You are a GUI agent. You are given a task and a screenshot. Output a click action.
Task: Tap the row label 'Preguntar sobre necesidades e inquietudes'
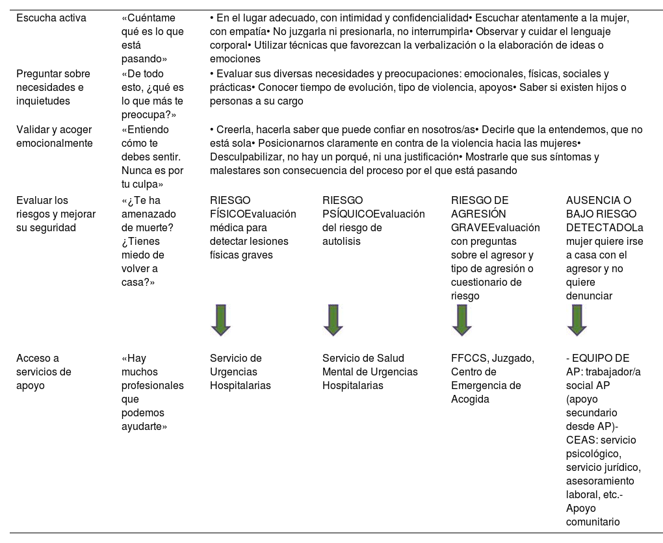(53, 88)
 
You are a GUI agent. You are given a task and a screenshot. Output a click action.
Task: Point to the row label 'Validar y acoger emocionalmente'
(54, 136)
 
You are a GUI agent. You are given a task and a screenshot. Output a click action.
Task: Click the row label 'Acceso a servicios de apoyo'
(44, 372)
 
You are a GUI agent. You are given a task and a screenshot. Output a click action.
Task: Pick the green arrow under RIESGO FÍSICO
(220, 320)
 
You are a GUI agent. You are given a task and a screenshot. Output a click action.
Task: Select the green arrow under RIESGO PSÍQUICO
(333, 320)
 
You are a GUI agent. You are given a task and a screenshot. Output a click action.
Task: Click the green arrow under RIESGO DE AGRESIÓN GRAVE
(461, 320)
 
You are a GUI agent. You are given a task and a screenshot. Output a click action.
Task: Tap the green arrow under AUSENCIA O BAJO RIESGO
(577, 320)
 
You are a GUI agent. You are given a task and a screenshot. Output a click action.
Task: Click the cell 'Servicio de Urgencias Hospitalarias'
(240, 372)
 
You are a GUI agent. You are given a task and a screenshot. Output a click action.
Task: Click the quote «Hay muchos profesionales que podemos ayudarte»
(152, 392)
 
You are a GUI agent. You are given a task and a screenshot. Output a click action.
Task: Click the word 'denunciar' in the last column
(589, 296)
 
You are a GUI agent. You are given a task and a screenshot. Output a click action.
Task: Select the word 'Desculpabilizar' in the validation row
(244, 157)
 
